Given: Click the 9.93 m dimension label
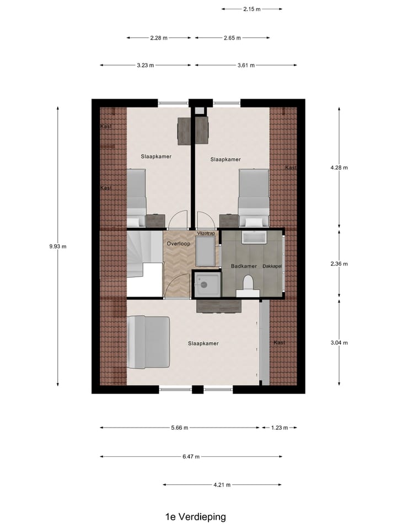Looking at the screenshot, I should [x=57, y=246].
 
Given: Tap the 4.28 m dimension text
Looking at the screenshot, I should [x=339, y=168].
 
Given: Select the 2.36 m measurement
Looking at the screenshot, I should [x=339, y=264].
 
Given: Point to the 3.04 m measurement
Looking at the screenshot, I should [x=339, y=343].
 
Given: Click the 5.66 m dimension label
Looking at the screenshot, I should [x=179, y=428].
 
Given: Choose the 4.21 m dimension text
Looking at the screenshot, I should [x=222, y=485].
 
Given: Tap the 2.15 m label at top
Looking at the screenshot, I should [x=251, y=9].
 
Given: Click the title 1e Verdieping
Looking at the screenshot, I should [x=195, y=517].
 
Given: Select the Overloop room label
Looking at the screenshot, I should [x=178, y=243].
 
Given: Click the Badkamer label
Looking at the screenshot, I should [x=244, y=266].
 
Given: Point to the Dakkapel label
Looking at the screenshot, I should [x=272, y=266].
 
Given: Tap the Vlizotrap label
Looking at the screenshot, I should [x=206, y=234].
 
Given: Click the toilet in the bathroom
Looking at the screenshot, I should [x=248, y=285].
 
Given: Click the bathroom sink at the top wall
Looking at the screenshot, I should [x=254, y=238].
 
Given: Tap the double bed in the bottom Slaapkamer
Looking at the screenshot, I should [x=148, y=342].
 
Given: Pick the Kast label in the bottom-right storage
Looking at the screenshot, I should [x=280, y=343].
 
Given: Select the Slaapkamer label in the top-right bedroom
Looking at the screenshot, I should [x=226, y=160].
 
